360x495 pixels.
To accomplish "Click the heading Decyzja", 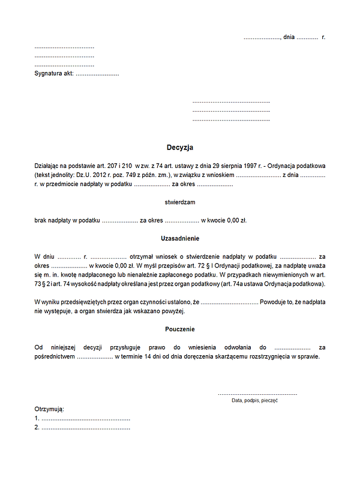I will (x=180, y=147).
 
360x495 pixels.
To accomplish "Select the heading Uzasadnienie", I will (x=180, y=238).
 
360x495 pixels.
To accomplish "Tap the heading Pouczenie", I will (x=180, y=329).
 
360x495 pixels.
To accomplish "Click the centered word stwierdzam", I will (x=180, y=202).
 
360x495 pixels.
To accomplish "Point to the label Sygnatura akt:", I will (x=54, y=74).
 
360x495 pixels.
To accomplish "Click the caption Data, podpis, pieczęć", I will (x=254, y=400).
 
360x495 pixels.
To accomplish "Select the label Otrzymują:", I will (x=49, y=409).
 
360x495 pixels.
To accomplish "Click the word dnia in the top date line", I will (x=289, y=37).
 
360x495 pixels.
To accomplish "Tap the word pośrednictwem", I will (x=55, y=356).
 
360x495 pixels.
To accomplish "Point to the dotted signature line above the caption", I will (x=257, y=394).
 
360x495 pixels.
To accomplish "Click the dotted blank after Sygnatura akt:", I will (x=97, y=74).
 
